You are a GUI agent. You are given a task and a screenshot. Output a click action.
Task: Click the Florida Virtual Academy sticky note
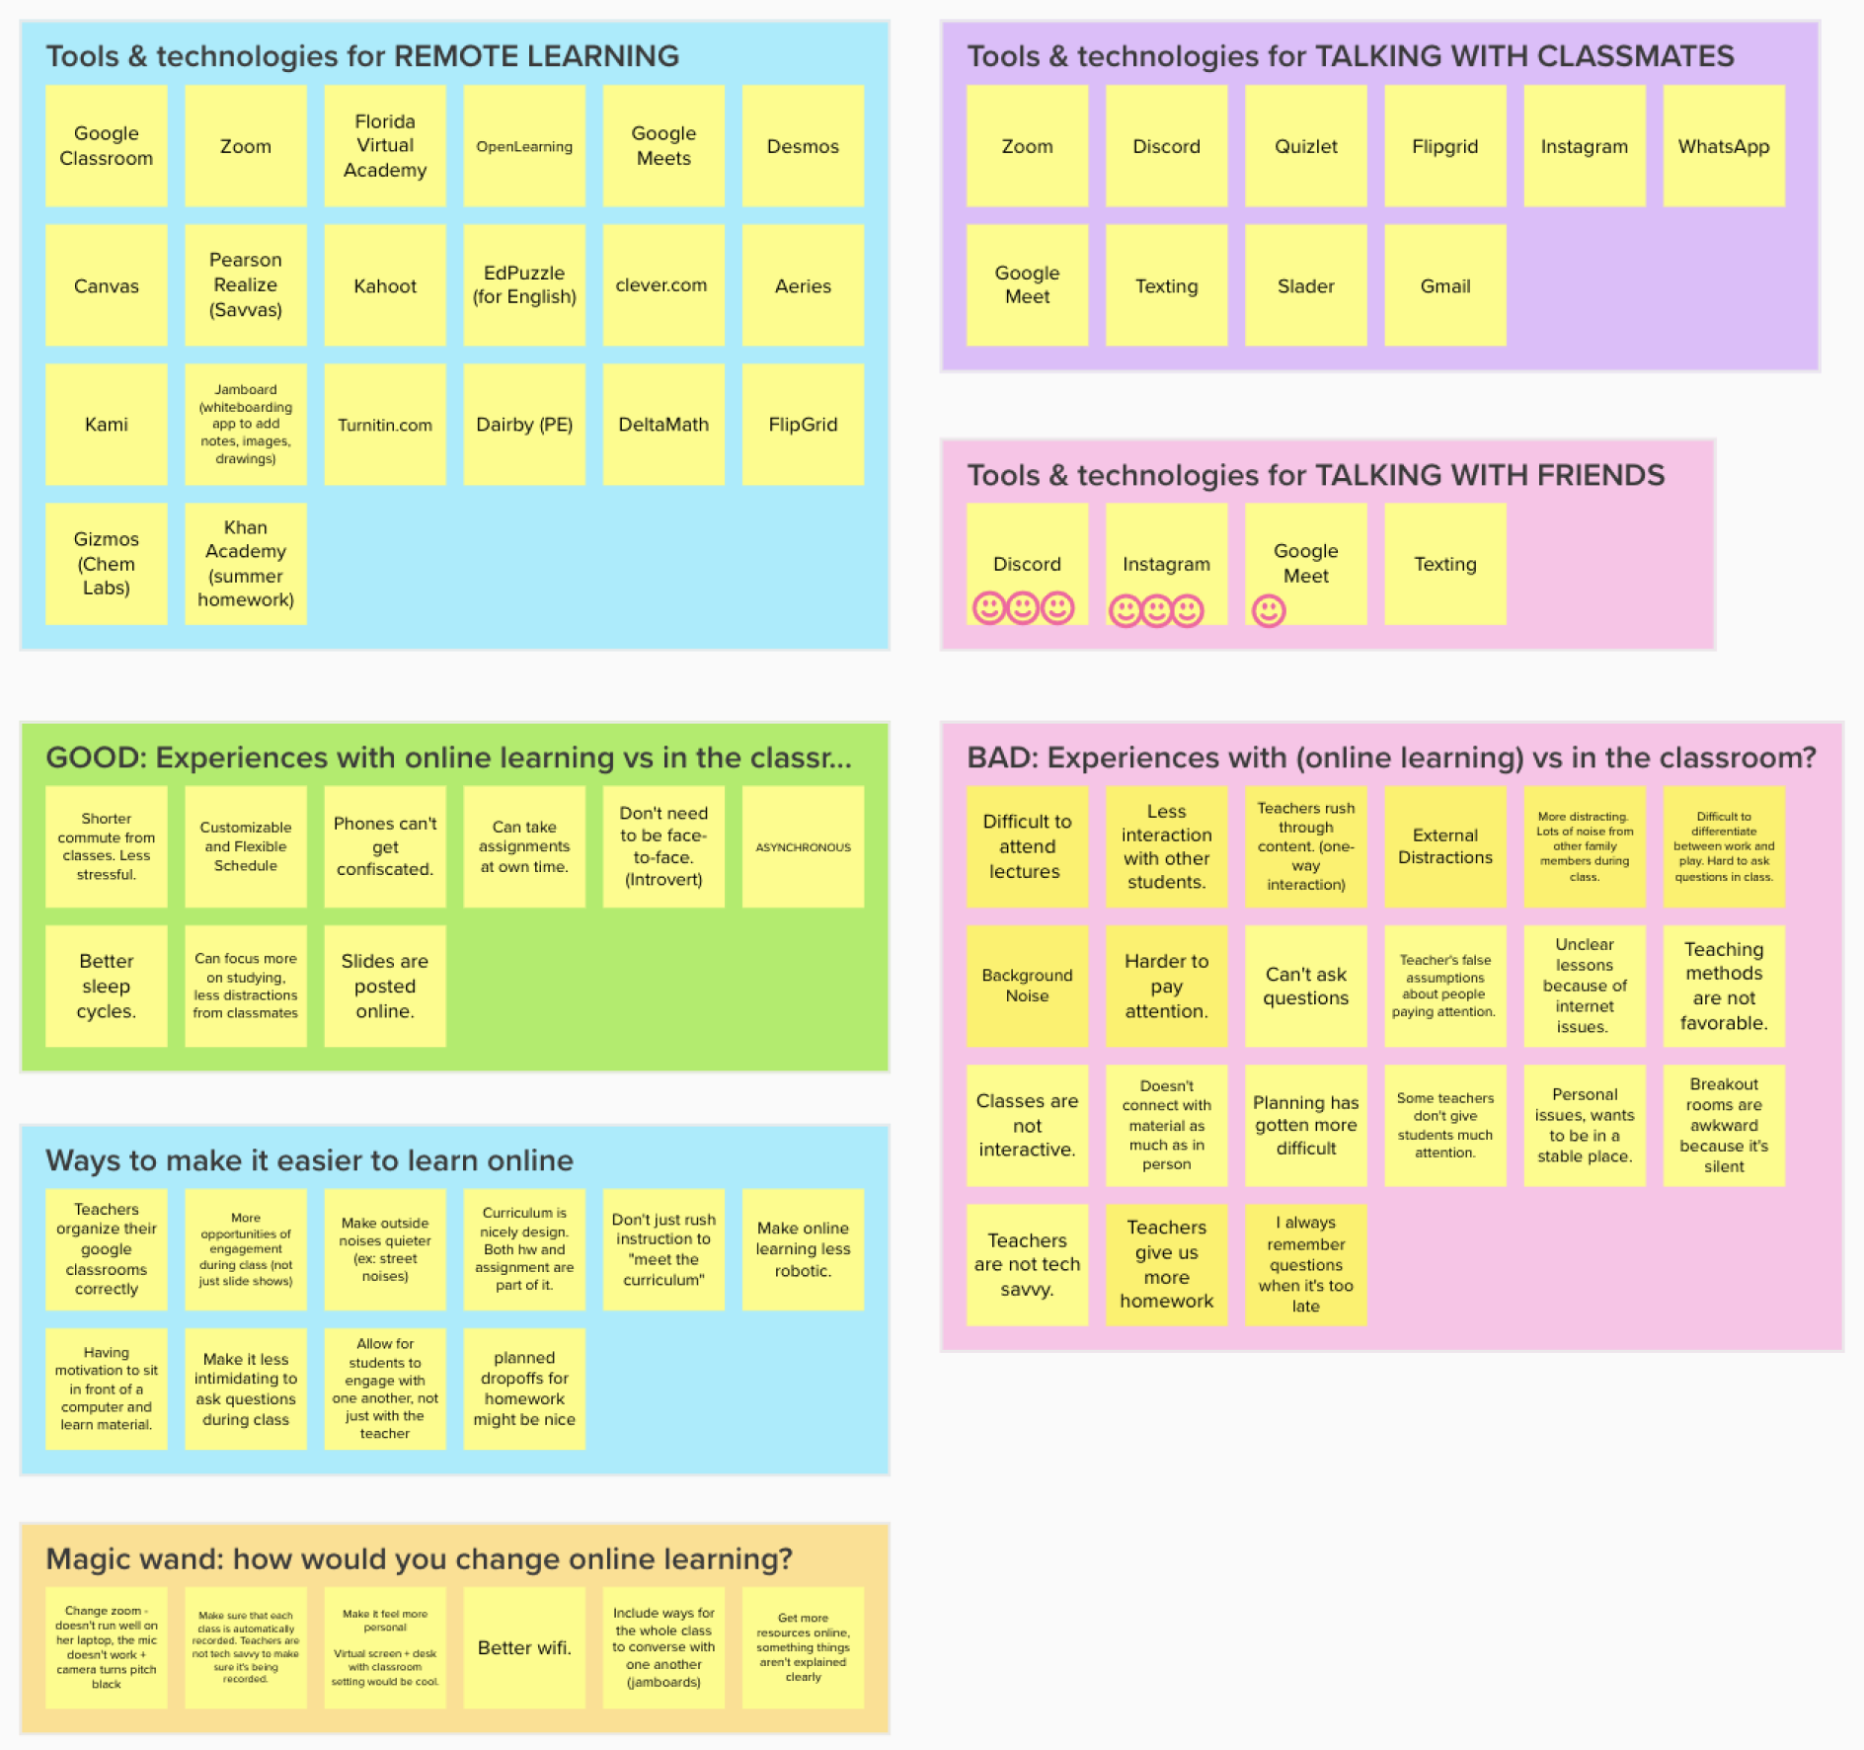click(385, 145)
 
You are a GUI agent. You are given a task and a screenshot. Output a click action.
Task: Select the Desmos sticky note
click(803, 145)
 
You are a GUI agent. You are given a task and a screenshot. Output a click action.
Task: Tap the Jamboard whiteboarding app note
click(246, 424)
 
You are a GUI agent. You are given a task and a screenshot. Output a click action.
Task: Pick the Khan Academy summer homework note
click(246, 563)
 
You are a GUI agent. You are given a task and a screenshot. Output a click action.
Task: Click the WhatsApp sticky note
click(1724, 145)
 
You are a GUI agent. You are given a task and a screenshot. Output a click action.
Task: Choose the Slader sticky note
click(1306, 284)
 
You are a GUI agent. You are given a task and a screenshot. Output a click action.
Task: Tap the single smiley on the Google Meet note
click(1269, 610)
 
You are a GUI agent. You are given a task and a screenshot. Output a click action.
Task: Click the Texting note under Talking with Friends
click(1445, 563)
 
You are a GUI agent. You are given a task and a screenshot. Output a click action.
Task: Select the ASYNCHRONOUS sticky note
click(803, 846)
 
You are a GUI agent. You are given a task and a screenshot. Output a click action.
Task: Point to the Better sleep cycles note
click(107, 986)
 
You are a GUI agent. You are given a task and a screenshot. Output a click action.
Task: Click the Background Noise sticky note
click(1027, 986)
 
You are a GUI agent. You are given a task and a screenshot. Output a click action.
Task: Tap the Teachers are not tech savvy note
click(1027, 1264)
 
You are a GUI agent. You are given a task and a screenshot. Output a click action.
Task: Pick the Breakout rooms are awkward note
click(1724, 1125)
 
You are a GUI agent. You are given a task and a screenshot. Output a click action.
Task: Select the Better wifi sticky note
click(524, 1647)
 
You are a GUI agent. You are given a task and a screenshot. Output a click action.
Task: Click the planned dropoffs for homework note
click(524, 1389)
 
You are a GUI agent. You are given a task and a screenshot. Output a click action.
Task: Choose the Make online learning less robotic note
click(803, 1249)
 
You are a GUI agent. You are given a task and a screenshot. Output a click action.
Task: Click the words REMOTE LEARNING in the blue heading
click(536, 56)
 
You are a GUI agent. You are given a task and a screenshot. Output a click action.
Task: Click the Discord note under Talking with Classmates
click(1166, 145)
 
